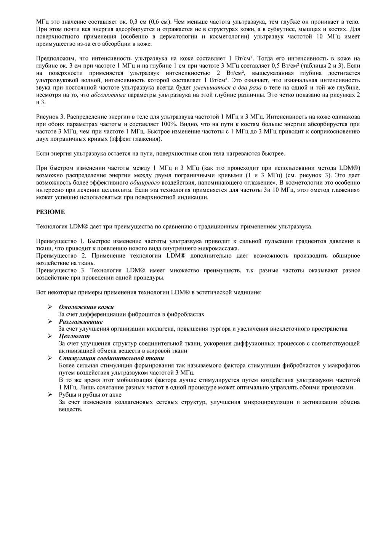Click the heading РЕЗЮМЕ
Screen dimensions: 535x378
(x=50, y=212)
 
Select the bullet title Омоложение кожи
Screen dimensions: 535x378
(x=86, y=307)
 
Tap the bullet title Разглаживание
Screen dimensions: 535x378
(x=81, y=321)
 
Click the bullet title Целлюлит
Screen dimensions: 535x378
(x=74, y=336)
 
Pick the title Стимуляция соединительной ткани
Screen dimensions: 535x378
(x=111, y=358)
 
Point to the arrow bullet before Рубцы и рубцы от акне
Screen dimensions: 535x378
(x=50, y=395)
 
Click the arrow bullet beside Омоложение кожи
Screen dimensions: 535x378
(x=50, y=307)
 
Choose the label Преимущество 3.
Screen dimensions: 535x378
(x=61, y=270)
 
